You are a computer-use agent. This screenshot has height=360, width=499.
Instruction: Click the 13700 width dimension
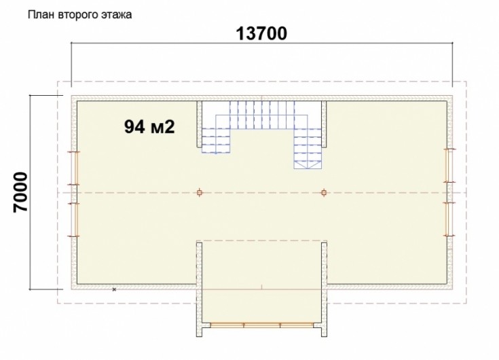(261, 33)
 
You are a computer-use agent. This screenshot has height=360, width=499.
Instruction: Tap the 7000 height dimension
(21, 192)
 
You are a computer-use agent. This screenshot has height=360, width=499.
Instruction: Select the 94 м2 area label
(149, 127)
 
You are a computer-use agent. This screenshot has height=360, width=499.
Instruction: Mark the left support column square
(200, 193)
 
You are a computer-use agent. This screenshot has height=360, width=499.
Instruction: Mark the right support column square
(324, 193)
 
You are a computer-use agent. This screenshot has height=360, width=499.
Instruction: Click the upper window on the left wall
(75, 168)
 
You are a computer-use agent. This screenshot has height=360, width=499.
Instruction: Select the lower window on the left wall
(75, 219)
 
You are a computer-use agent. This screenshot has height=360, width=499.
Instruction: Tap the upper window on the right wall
(449, 166)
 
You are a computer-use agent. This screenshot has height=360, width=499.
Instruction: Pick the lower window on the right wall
(449, 219)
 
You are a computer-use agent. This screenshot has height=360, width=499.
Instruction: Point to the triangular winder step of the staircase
(308, 164)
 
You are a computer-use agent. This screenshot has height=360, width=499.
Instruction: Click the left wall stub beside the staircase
(199, 124)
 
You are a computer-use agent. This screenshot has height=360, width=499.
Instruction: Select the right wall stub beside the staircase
(324, 124)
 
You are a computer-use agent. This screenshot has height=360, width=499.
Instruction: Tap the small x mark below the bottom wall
(114, 289)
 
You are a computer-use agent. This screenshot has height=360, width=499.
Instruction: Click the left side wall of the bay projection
(199, 289)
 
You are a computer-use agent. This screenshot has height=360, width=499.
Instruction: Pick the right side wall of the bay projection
(324, 289)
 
